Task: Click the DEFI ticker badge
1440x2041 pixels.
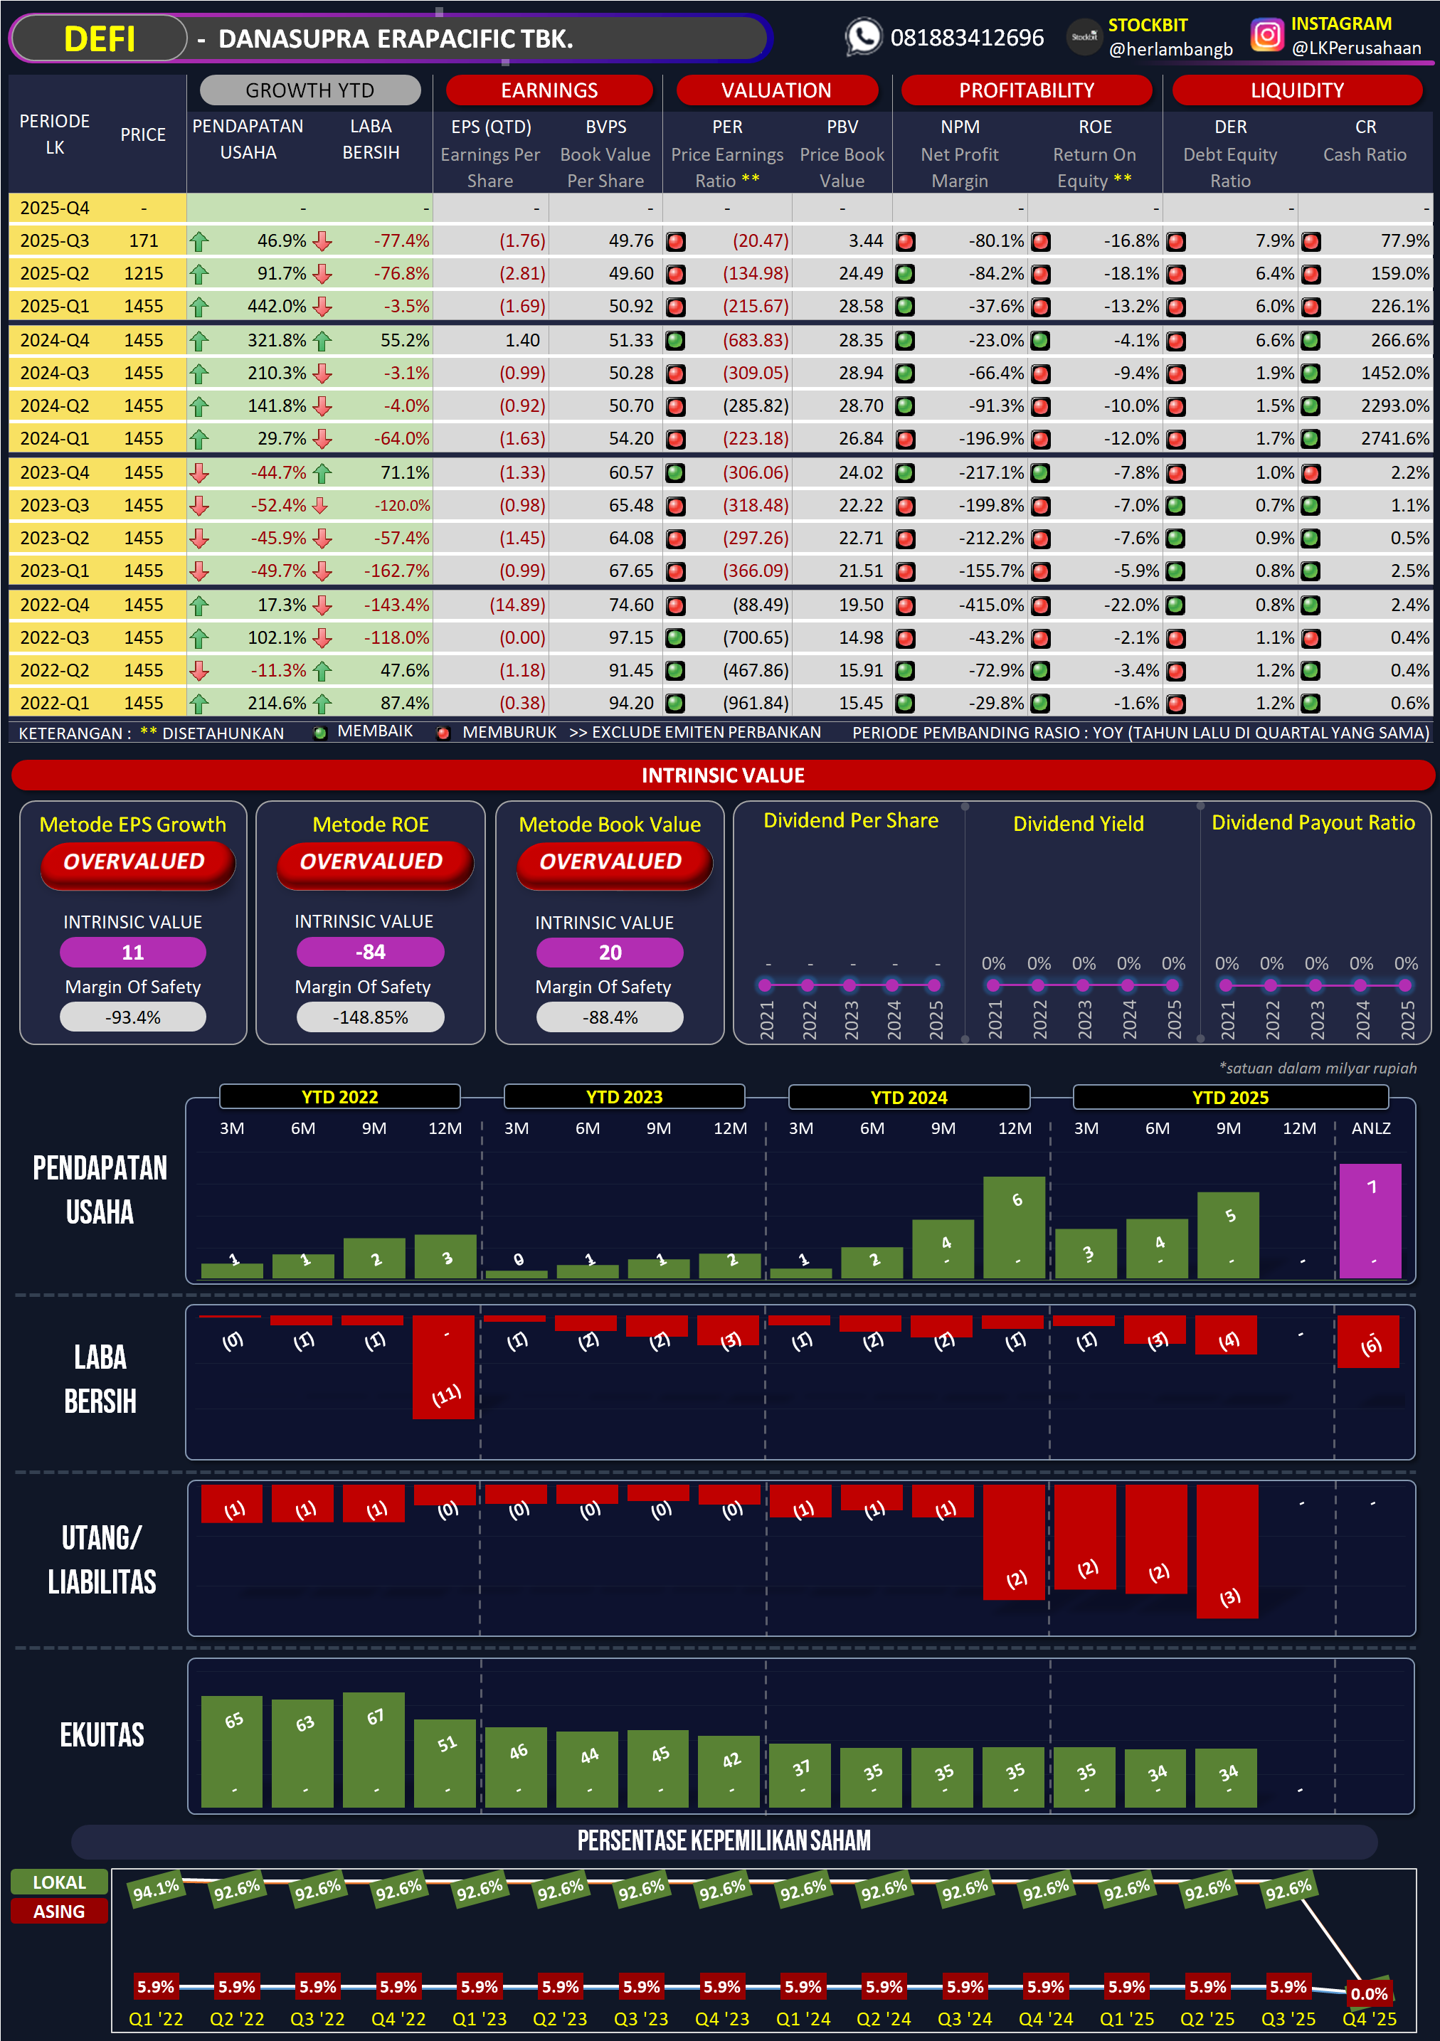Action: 99,39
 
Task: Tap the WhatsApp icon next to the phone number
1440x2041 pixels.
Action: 862,37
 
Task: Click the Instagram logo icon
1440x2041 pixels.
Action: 1266,36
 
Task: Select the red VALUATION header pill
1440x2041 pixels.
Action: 776,90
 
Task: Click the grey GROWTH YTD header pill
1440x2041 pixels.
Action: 309,90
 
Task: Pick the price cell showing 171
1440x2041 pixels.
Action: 143,241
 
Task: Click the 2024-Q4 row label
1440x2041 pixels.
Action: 54,341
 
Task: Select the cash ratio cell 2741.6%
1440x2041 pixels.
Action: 1394,438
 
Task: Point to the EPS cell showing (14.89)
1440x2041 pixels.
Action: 517,605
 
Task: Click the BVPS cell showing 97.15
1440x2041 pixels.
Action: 630,638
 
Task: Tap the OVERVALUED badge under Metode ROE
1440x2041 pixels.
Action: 371,862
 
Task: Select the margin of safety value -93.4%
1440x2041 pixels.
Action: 132,1018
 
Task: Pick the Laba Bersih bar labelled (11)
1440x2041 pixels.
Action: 443,1369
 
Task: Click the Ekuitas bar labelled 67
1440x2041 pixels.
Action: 374,1749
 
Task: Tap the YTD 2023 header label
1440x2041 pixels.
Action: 624,1097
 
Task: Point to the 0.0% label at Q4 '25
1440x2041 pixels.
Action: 1369,1993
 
